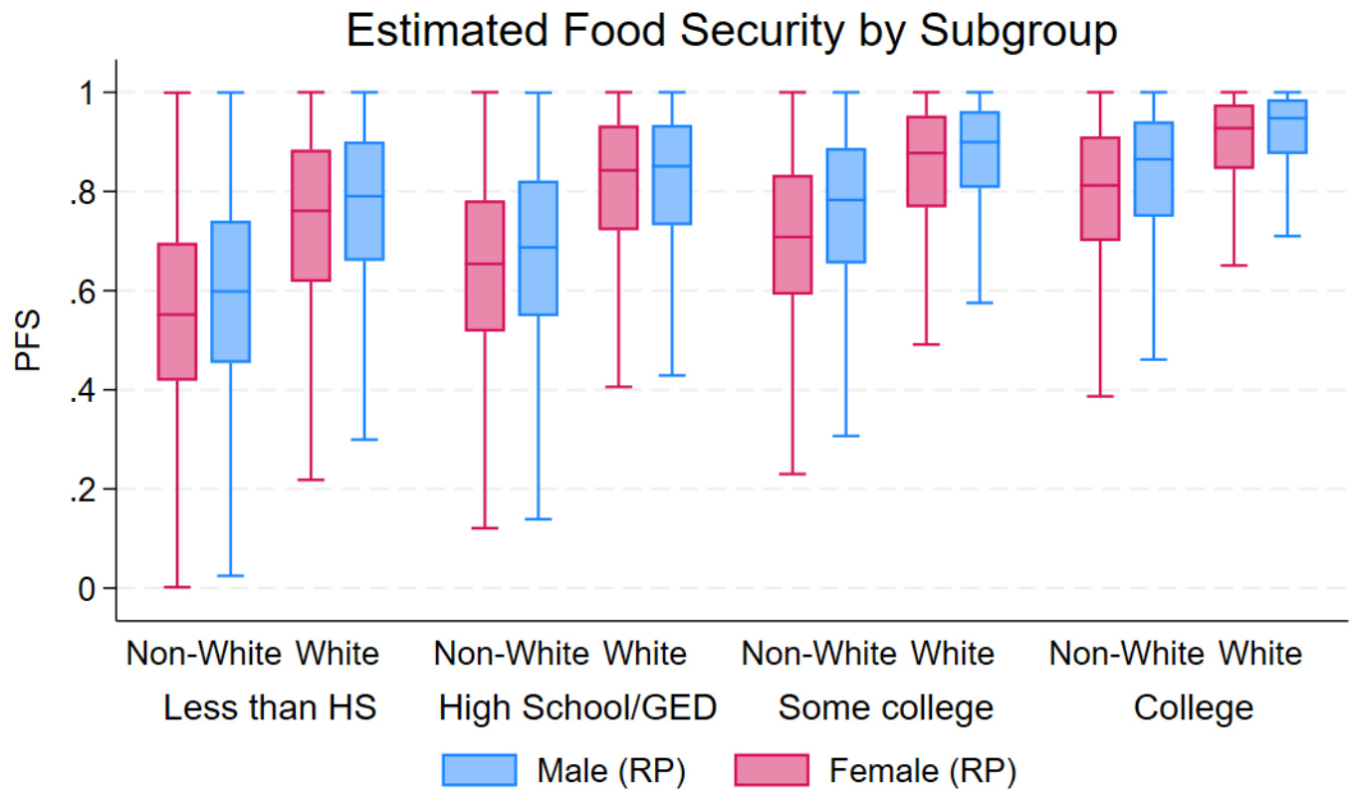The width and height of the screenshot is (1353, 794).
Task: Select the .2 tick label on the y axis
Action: pos(84,490)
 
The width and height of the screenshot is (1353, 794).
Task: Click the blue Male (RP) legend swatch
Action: pos(479,769)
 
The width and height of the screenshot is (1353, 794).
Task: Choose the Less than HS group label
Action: pos(270,708)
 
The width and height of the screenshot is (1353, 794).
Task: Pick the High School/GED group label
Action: pos(577,708)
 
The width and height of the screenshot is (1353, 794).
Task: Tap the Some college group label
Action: pos(885,708)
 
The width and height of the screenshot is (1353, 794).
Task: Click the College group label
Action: pos(1194,708)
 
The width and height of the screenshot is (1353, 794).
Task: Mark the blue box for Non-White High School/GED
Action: pos(538,249)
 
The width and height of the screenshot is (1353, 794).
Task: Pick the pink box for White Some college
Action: pos(926,161)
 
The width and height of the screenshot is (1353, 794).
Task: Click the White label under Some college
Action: pos(953,654)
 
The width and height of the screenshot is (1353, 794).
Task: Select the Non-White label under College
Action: pos(1130,654)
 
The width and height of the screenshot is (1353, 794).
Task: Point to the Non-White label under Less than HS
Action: pos(205,654)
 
